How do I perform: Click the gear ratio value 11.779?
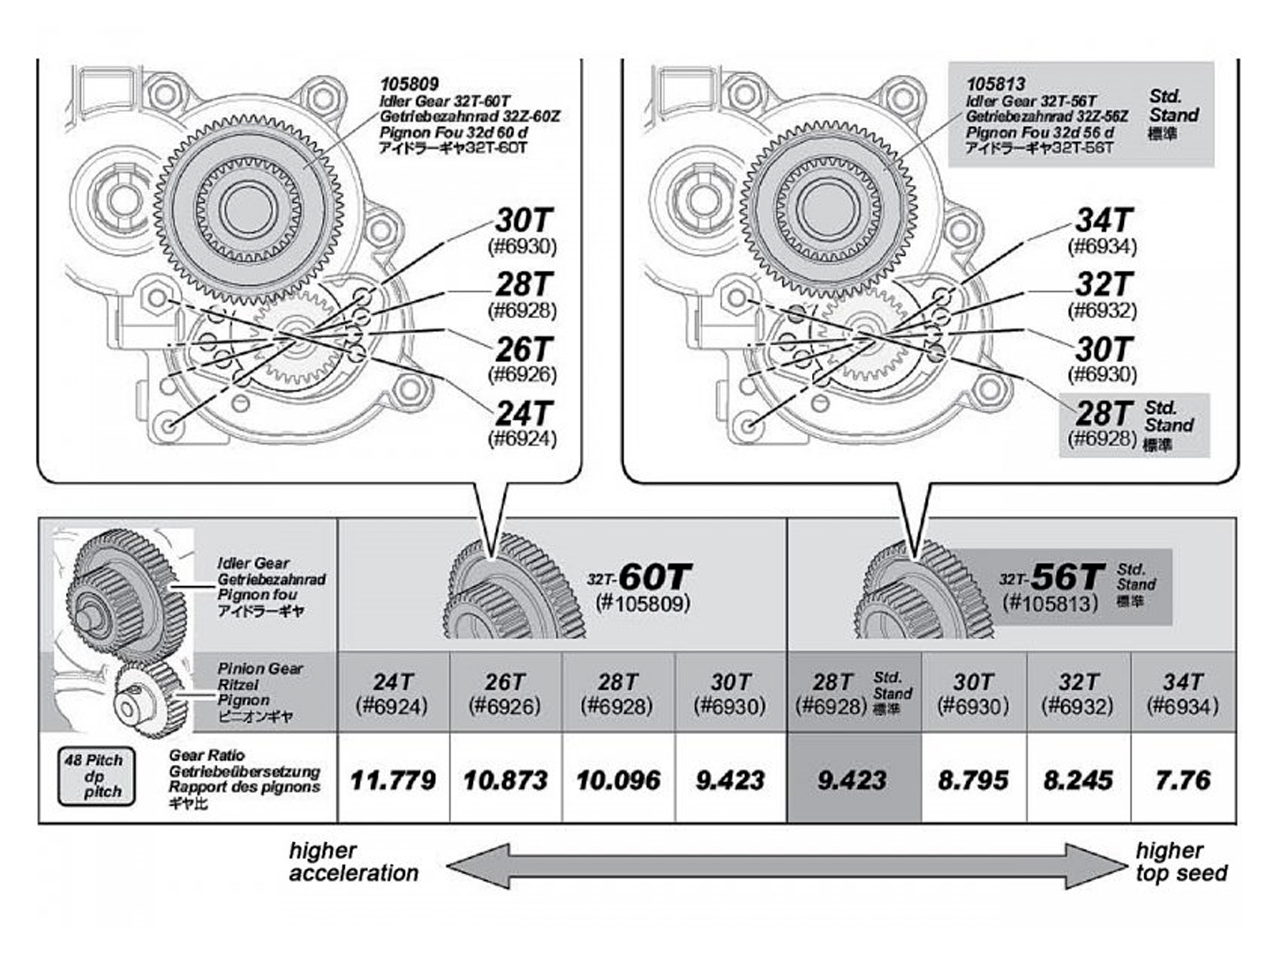tap(393, 780)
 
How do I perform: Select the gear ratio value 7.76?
tap(1183, 780)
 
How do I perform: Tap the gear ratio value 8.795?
tap(974, 780)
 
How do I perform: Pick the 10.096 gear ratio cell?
tap(618, 780)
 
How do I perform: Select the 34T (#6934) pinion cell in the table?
tap(1183, 693)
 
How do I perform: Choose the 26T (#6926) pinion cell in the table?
tap(505, 693)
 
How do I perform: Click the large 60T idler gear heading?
tap(655, 576)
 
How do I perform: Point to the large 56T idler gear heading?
tap(1068, 576)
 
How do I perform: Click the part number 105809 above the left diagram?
tap(409, 85)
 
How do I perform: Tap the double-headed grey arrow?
tap(787, 866)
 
